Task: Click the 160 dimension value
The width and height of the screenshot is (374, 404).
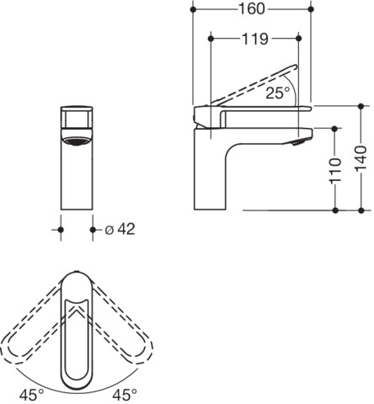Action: [x=252, y=9]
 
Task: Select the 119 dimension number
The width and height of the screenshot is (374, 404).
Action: [x=255, y=39]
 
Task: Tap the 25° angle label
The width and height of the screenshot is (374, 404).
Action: [x=278, y=93]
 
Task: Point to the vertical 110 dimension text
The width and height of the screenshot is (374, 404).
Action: [x=335, y=170]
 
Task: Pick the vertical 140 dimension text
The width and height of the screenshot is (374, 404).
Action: [x=361, y=159]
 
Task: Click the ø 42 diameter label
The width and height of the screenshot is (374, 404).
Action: [x=120, y=229]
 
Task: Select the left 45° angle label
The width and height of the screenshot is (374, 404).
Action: [x=31, y=395]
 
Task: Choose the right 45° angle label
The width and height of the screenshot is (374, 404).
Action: [x=125, y=395]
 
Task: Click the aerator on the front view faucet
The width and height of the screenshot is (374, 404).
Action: [x=77, y=141]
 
